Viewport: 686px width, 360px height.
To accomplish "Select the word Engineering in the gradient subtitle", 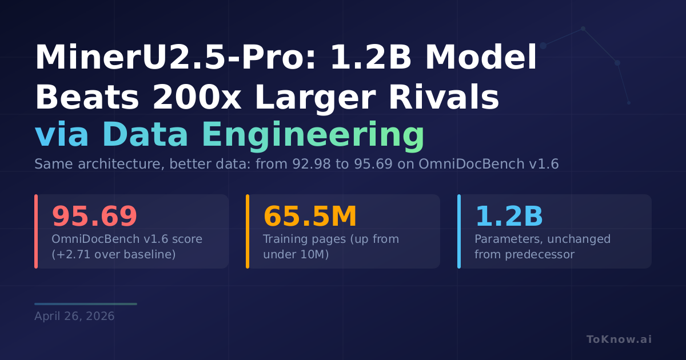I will pyautogui.click(x=313, y=135).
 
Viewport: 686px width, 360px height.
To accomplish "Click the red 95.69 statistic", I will pyautogui.click(x=94, y=217).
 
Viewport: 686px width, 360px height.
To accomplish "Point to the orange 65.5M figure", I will pyautogui.click(x=310, y=217).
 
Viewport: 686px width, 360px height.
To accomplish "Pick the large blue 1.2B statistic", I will pyautogui.click(x=509, y=217).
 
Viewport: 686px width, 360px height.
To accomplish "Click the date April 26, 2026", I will pyautogui.click(x=74, y=316).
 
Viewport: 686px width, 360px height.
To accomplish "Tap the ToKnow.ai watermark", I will pyautogui.click(x=619, y=339).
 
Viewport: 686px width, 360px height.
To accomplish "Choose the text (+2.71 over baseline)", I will pyautogui.click(x=114, y=254).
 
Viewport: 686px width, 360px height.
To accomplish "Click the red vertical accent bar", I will pyautogui.click(x=36, y=231).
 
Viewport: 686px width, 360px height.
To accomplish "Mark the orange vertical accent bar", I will pyautogui.click(x=248, y=231).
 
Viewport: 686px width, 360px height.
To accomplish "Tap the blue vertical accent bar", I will pyautogui.click(x=459, y=231).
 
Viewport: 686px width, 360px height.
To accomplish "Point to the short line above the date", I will pyautogui.click(x=86, y=304).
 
